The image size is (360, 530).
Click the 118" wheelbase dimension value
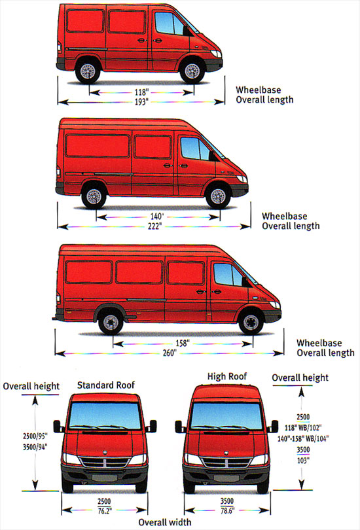click(142, 92)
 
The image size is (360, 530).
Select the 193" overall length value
click(142, 101)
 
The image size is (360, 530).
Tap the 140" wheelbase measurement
click(157, 217)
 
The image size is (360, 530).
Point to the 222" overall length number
click(154, 226)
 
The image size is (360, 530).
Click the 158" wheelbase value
click(183, 344)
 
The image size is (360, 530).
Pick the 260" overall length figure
click(170, 353)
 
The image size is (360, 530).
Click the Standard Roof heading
click(106, 385)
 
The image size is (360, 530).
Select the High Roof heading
click(227, 376)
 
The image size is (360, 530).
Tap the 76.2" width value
click(105, 511)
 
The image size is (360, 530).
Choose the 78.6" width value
click(227, 510)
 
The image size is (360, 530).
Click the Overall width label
click(165, 522)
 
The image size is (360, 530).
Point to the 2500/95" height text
click(35, 436)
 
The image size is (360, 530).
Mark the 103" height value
click(303, 461)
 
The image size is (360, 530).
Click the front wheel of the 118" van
click(192, 71)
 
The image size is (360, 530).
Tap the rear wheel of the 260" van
click(111, 322)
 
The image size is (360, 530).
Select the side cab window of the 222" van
click(194, 148)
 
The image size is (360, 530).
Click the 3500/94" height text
click(35, 447)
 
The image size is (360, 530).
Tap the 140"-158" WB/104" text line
click(303, 439)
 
